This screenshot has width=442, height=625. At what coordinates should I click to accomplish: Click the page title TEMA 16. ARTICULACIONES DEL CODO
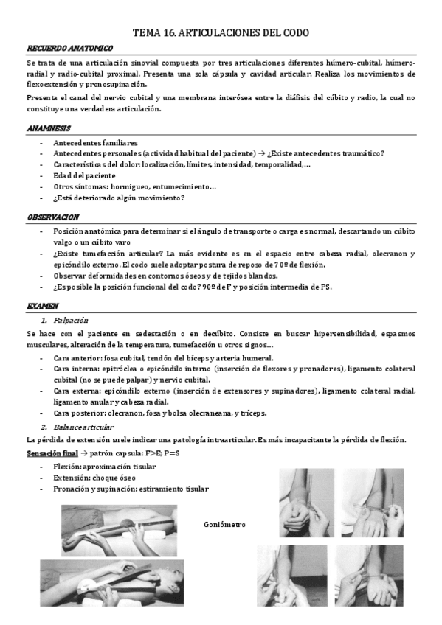(220, 33)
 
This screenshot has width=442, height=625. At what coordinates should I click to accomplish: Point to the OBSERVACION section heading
(52, 217)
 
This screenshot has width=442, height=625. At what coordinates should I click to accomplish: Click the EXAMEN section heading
(42, 305)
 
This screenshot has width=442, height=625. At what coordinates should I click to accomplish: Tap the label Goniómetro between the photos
(224, 525)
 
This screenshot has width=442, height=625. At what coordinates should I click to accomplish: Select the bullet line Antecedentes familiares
(95, 142)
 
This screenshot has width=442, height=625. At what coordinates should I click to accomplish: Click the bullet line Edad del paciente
(84, 175)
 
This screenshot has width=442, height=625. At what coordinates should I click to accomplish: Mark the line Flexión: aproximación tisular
(104, 467)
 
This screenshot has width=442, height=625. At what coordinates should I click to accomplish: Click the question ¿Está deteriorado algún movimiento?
(118, 198)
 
